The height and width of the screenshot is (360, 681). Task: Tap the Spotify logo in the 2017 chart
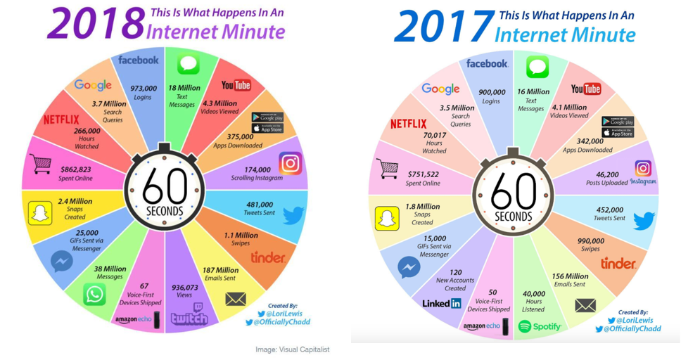click(x=540, y=326)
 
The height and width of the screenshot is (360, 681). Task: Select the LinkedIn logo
click(x=442, y=303)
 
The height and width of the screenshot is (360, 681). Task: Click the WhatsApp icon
click(x=94, y=294)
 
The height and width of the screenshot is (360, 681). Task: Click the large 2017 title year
click(x=443, y=27)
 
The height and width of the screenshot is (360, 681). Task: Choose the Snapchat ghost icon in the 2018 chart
click(x=40, y=213)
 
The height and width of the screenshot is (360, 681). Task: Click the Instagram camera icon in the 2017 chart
click(x=643, y=168)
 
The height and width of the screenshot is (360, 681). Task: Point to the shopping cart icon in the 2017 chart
click(x=388, y=168)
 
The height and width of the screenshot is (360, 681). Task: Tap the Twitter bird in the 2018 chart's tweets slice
click(x=293, y=214)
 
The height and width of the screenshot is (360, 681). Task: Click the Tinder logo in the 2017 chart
click(x=618, y=264)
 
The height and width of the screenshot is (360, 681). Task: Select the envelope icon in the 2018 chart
click(x=236, y=300)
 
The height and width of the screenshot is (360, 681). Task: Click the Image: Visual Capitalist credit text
click(x=291, y=349)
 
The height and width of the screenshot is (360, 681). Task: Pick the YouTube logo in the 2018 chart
click(x=236, y=85)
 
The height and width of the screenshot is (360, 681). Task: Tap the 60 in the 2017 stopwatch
click(x=513, y=189)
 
